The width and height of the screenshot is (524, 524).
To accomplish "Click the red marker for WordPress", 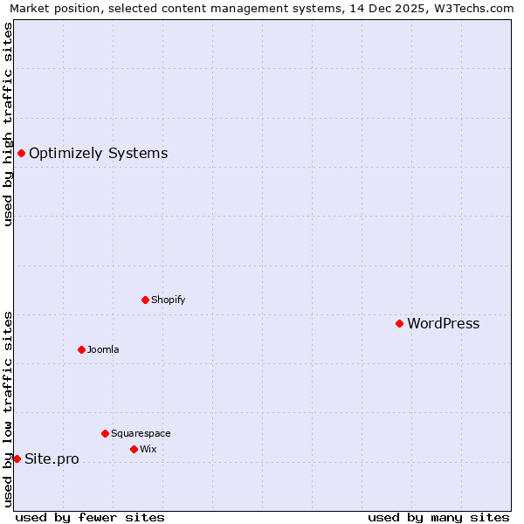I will [399, 323].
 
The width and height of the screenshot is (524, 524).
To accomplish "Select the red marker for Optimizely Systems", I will [21, 154].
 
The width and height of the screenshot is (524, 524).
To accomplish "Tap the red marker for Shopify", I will [145, 300].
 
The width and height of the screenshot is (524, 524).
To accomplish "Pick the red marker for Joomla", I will [81, 349].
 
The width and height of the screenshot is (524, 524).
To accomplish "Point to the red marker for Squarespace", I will [105, 433].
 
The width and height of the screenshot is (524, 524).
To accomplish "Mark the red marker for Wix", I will [134, 449].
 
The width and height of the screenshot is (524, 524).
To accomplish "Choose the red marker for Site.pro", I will [17, 458].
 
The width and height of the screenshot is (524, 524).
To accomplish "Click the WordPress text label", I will [443, 324].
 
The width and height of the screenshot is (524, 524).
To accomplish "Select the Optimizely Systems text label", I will [98, 154].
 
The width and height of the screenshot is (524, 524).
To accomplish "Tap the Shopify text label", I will [168, 300].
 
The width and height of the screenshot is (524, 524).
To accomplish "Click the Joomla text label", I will [103, 349].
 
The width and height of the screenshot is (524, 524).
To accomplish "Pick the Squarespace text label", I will [141, 433].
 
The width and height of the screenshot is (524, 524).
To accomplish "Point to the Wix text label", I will [148, 449].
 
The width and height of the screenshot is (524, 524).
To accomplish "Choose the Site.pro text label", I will [52, 459].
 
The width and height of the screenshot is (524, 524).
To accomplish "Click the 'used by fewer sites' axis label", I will [90, 517].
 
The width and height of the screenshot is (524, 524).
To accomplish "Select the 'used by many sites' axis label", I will [438, 517].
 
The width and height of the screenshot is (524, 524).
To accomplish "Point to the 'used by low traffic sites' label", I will [9, 409].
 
